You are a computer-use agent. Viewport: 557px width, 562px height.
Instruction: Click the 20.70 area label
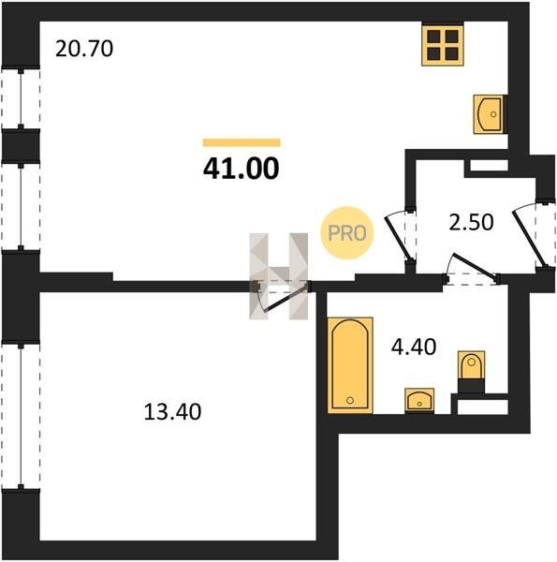click(84, 49)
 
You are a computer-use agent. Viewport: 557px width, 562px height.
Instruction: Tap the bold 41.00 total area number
click(242, 169)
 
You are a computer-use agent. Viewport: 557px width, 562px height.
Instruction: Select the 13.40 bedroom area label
click(172, 412)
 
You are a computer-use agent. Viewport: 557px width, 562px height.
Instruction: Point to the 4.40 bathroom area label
click(414, 347)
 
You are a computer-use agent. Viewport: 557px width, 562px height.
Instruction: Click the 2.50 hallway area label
click(471, 222)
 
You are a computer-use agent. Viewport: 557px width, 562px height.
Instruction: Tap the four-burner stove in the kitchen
click(443, 45)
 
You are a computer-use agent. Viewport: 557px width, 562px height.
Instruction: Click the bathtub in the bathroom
click(350, 365)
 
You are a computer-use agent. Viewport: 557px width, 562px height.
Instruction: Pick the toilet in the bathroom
click(472, 371)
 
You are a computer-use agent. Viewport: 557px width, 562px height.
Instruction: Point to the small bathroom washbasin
click(419, 401)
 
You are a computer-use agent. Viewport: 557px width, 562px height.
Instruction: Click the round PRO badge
click(346, 233)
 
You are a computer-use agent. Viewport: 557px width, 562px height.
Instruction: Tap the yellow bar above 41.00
click(242, 142)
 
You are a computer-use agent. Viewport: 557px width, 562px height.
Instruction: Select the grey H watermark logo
click(279, 276)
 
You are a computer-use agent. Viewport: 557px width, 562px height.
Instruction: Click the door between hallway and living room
click(398, 238)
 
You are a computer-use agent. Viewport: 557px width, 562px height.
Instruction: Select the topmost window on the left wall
click(21, 98)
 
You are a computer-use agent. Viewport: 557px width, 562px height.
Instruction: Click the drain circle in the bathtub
click(350, 400)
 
